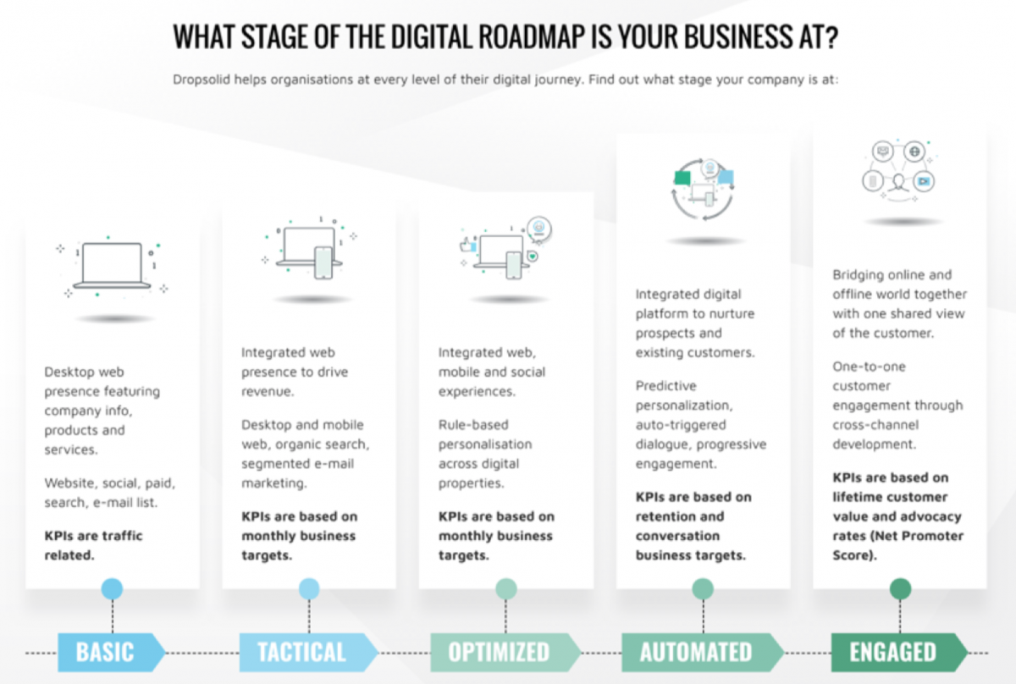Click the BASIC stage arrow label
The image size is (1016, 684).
coord(112,652)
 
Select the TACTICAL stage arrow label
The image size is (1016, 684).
coord(308,652)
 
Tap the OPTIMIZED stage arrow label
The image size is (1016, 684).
coord(505,652)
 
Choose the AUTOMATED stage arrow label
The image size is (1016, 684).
coord(703,652)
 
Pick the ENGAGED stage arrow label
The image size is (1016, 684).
coord(900,652)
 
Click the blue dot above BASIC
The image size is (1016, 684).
coord(112,588)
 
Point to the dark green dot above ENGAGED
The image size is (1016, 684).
coord(900,588)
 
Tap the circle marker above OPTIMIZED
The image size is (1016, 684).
coord(506,588)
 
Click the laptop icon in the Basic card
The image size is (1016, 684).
coord(112,266)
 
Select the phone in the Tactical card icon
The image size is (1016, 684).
coord(323,262)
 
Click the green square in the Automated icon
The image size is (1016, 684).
coord(682,178)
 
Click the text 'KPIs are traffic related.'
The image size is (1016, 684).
coord(93,545)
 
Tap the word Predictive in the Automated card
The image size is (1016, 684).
coord(665,386)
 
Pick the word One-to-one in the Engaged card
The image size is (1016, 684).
coord(869,367)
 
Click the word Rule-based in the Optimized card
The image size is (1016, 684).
coord(473,425)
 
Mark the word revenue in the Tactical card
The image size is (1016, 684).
coord(268,391)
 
